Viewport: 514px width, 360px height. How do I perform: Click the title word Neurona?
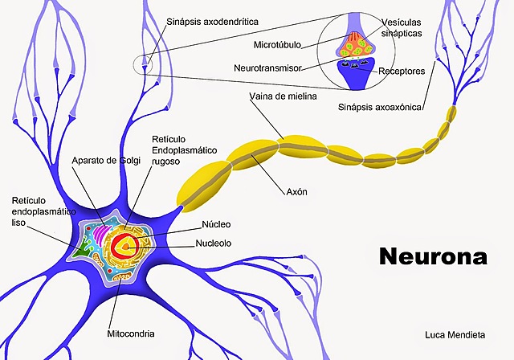pyautogui.click(x=432, y=256)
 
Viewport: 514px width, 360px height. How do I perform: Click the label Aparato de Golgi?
pyautogui.click(x=107, y=161)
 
